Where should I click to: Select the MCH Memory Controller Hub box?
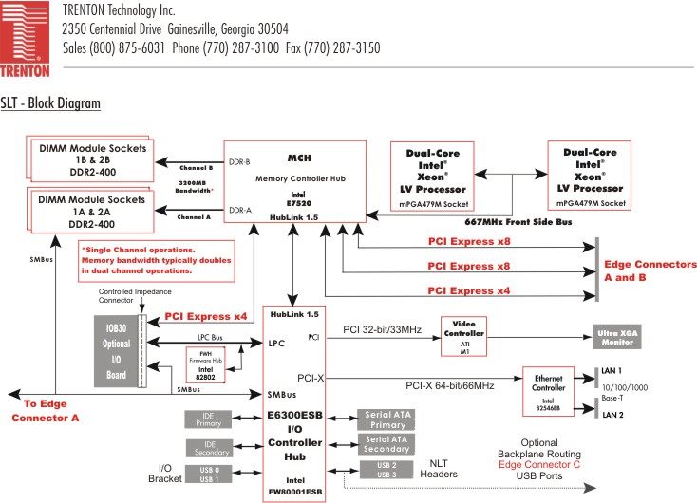tap(294, 181)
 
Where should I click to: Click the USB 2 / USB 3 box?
tap(386, 470)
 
